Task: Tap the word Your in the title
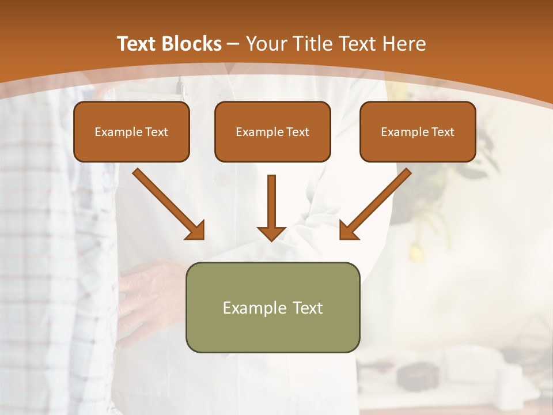pyautogui.click(x=267, y=44)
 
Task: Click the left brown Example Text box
pyautogui.click(x=131, y=132)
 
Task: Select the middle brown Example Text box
pyautogui.click(x=272, y=132)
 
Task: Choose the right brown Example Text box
pyautogui.click(x=418, y=132)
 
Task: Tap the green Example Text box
pyautogui.click(x=272, y=307)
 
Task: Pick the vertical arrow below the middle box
pyautogui.click(x=271, y=205)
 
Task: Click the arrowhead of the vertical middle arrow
pyautogui.click(x=271, y=233)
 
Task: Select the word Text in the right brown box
pyautogui.click(x=442, y=132)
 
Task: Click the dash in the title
pyautogui.click(x=233, y=44)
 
